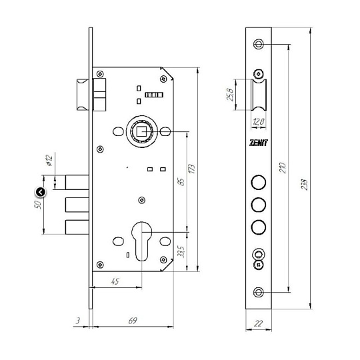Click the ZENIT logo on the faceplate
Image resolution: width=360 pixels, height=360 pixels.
pos(258,143)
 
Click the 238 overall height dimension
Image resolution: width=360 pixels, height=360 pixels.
pos(304,185)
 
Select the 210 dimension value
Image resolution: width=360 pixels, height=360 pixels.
pos(283,168)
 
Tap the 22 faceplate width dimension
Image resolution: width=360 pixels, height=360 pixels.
pos(258,323)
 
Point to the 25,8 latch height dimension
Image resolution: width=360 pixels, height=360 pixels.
pos(230,95)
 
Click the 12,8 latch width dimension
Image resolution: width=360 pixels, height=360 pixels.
pos(259,121)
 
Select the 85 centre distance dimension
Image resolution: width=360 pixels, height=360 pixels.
pos(181,182)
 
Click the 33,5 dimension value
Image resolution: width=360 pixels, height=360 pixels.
pos(181,251)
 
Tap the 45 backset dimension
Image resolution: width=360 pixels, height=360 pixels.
pos(115,281)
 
